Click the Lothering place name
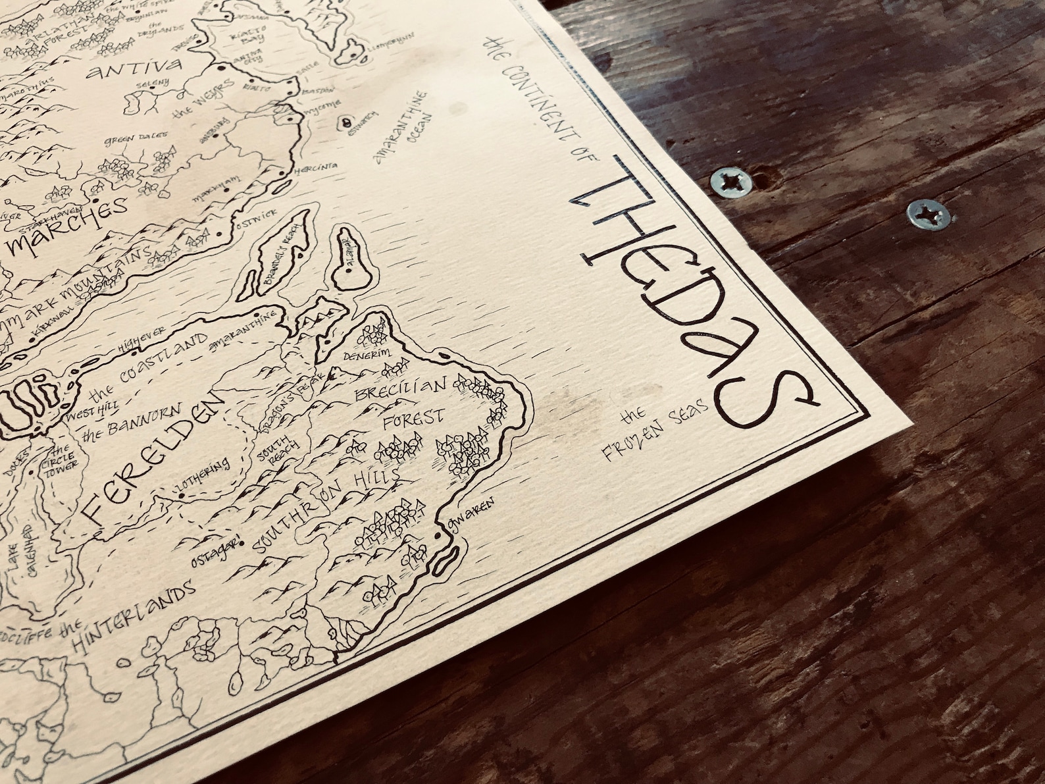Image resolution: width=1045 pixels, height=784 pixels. pyautogui.click(x=202, y=481)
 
